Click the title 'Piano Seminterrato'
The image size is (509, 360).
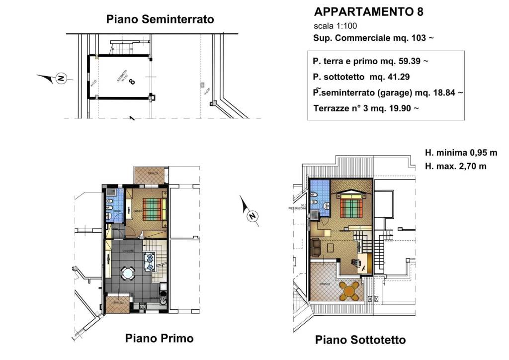[x=160, y=19]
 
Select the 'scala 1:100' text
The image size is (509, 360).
[x=335, y=26]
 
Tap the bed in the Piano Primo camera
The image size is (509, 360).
[x=153, y=209]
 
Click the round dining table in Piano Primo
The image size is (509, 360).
[x=128, y=273]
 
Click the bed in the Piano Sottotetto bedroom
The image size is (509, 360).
[x=352, y=206]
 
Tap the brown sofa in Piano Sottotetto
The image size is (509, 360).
[x=316, y=246]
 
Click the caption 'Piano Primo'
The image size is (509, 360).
[x=159, y=339]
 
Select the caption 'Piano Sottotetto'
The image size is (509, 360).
[x=360, y=340]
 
